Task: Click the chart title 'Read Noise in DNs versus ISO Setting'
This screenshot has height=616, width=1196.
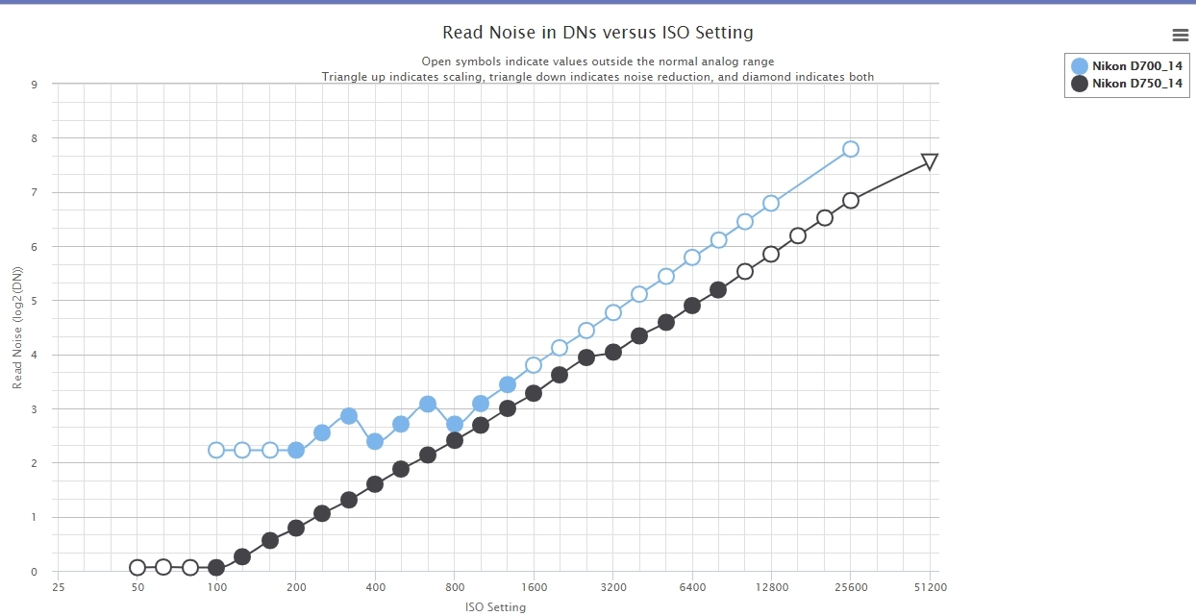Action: (597, 33)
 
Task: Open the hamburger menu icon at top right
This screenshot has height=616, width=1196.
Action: (1181, 36)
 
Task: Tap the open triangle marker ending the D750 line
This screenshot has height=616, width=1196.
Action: (930, 161)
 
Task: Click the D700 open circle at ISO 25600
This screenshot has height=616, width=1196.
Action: (850, 149)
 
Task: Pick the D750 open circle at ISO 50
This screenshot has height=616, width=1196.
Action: (137, 567)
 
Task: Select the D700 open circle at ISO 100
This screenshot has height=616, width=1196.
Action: (216, 450)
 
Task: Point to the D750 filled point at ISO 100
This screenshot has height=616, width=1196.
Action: (216, 567)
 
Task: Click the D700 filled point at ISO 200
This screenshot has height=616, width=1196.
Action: (296, 450)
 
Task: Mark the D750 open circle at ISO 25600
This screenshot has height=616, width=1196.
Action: (850, 200)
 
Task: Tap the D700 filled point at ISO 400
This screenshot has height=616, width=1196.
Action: (375, 441)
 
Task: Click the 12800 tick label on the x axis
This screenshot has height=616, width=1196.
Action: (771, 587)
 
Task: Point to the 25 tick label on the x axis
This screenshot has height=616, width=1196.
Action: (58, 587)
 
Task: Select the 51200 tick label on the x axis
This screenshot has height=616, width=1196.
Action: (930, 587)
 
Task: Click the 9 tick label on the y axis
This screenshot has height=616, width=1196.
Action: (34, 84)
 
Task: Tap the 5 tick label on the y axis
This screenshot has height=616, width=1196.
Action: (34, 301)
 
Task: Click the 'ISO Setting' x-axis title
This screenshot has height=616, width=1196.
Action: (495, 606)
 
